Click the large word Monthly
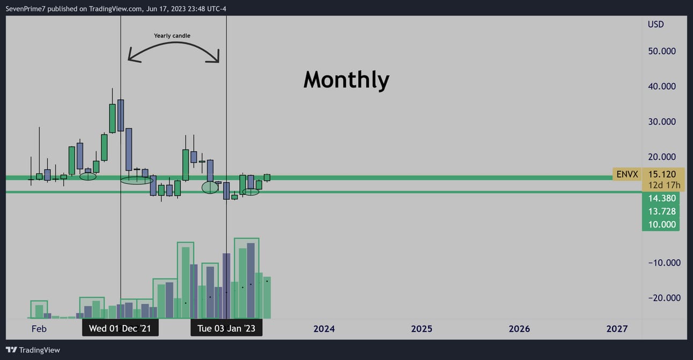(346, 80)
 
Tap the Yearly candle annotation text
(172, 35)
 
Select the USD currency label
(655, 24)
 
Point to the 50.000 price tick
(662, 51)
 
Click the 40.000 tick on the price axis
(662, 86)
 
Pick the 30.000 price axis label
(662, 122)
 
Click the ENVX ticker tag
(627, 174)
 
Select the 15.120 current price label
(662, 174)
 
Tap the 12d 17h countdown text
(664, 185)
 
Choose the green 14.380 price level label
(662, 198)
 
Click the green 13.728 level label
(662, 211)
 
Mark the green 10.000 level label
(662, 224)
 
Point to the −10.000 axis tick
(664, 263)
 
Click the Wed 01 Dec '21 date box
(120, 328)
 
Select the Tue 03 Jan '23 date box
(226, 328)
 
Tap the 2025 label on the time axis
(422, 329)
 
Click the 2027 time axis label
(617, 329)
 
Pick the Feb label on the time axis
(39, 329)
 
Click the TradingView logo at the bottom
(33, 350)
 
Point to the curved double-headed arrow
(174, 43)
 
